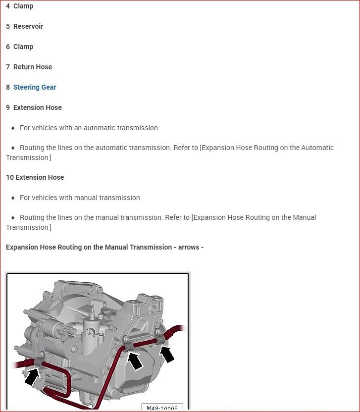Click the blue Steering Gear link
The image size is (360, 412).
[35, 87]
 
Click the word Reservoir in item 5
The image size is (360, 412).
[28, 26]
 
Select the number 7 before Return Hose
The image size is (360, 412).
[8, 67]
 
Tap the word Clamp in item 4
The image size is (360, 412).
[23, 6]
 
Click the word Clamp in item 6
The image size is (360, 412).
[23, 47]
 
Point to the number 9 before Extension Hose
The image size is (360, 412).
[8, 107]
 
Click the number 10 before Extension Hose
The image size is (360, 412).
[10, 177]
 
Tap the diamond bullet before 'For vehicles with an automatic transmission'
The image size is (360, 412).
[13, 128]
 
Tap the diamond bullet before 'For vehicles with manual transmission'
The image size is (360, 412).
[13, 198]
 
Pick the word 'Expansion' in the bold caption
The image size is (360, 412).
[24, 247]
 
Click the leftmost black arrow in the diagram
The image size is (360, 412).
[32, 377]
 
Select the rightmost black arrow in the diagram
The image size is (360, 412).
[167, 354]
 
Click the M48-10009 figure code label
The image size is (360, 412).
[162, 408]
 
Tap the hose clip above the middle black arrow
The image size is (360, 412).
[127, 345]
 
